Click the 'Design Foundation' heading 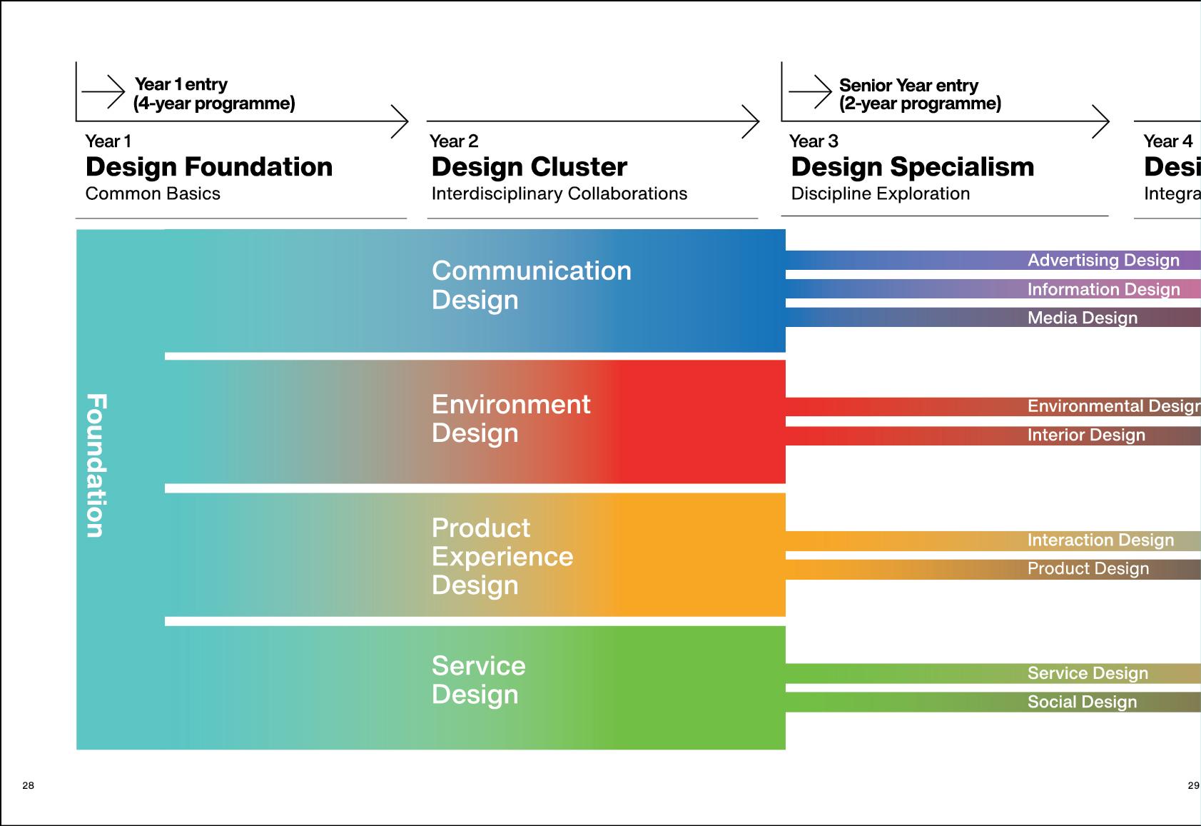coord(209,167)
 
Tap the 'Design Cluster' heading coord(529,167)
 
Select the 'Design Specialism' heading coord(912,167)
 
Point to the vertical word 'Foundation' coord(96,465)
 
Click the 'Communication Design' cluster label coord(531,285)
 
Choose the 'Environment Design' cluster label coord(510,418)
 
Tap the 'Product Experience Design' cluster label coord(502,556)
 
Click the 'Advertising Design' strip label coord(1103,261)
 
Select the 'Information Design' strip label coord(1103,289)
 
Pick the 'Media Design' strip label coord(1082,318)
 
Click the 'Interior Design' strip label coord(1085,435)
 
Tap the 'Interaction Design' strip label coord(1100,540)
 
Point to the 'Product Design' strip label coord(1088,569)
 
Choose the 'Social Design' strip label coord(1081,702)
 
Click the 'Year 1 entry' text coord(181,84)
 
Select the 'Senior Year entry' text coord(908,86)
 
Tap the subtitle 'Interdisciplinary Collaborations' coord(559,193)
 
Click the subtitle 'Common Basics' coord(153,193)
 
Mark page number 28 coord(28,785)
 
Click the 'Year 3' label coord(813,141)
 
